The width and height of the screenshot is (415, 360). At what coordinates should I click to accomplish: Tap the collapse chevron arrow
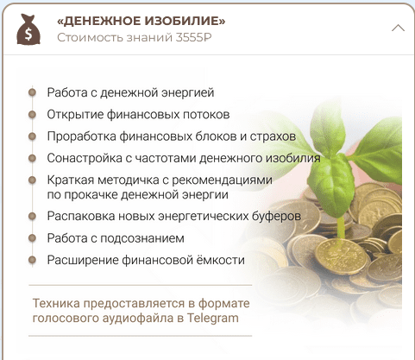[398, 28]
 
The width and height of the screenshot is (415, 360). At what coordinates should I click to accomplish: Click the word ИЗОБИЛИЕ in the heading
[185, 21]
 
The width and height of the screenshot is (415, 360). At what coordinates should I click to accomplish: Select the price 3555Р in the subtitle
[193, 37]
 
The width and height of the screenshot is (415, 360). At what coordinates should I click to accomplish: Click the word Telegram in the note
[213, 319]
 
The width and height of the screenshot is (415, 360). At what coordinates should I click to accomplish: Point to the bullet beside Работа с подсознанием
[32, 238]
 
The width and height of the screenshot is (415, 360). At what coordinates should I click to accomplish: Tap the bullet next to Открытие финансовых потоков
[32, 115]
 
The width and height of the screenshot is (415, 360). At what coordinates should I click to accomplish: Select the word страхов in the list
[273, 136]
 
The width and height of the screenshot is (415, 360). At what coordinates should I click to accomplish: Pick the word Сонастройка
[85, 158]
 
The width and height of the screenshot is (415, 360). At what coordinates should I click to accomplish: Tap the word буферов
[276, 216]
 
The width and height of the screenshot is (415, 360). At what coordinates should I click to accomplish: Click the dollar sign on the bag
[28, 34]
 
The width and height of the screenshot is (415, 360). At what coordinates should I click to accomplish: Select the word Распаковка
[81, 216]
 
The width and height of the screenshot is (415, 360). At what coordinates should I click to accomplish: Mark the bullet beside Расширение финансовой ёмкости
[32, 260]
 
